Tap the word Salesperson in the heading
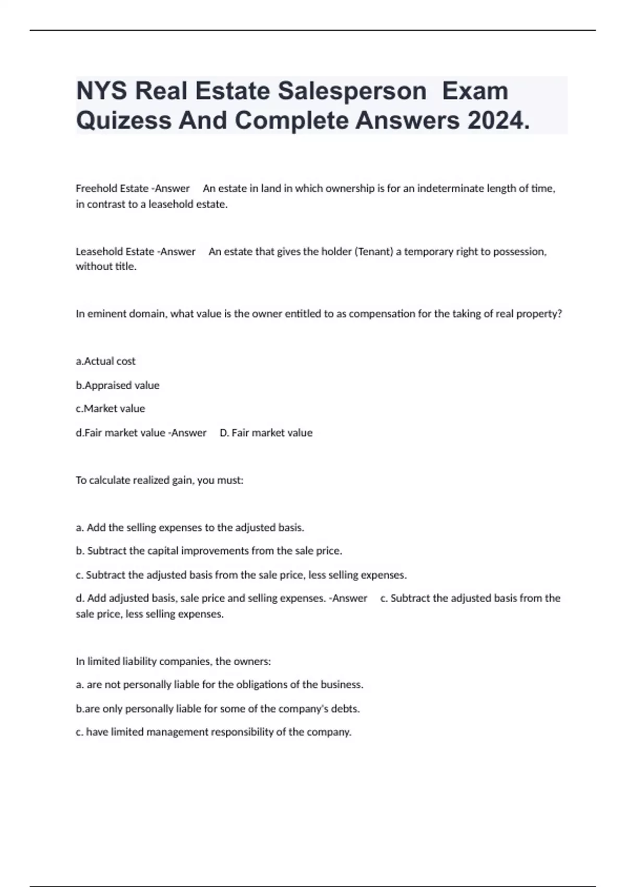pos(352,91)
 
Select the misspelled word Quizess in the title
pos(124,121)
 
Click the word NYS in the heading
pos(102,91)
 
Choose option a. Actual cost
pos(106,361)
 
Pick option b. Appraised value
pos(118,385)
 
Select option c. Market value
pos(111,409)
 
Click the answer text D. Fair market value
pos(266,433)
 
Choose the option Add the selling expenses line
pos(190,528)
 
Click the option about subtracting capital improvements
pos(209,551)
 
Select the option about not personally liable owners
pos(219,685)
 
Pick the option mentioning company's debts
pos(218,709)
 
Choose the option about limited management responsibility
pos(213,732)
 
